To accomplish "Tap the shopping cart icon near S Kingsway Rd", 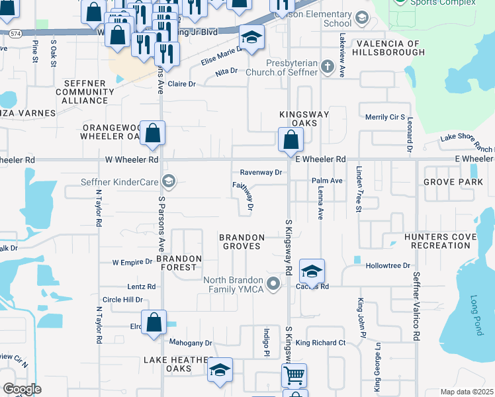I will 294,375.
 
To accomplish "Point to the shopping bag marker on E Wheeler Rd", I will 290,139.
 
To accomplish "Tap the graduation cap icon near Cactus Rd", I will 312,271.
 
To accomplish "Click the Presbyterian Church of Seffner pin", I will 326,66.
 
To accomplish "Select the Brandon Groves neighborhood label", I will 242,242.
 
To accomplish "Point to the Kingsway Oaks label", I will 304,119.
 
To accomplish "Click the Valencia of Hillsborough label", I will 388,48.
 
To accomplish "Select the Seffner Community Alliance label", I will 85,91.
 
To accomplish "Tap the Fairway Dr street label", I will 244,197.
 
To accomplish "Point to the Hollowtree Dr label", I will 388,265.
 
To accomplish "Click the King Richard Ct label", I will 321,343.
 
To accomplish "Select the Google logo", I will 22,389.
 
